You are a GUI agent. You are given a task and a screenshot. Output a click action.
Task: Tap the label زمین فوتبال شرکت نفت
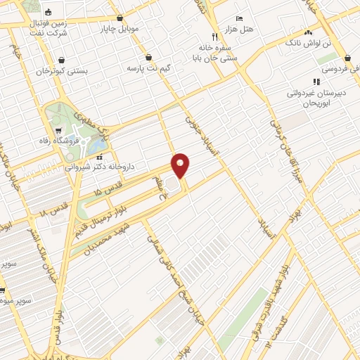[49, 27]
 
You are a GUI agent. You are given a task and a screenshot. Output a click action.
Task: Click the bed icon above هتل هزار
[239, 18]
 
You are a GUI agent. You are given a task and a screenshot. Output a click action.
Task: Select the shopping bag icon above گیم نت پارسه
[148, 57]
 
